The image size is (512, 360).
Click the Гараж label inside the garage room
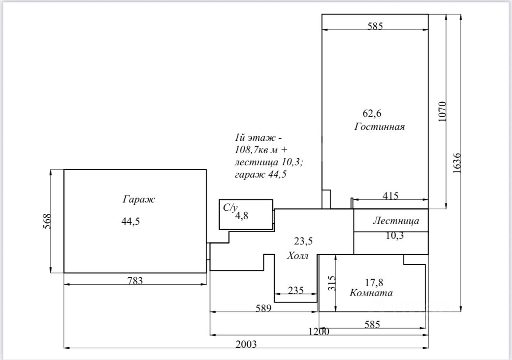(x=139, y=199)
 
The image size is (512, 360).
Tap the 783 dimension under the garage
(x=135, y=281)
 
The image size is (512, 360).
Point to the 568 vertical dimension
(x=48, y=221)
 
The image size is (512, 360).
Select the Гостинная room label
(x=379, y=127)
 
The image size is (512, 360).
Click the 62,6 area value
(x=372, y=113)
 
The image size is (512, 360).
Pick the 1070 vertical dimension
(x=442, y=112)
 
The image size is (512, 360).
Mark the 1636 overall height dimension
(x=457, y=163)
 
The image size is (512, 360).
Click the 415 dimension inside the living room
(x=390, y=196)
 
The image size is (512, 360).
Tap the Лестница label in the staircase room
(x=396, y=220)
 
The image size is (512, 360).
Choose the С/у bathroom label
(x=230, y=208)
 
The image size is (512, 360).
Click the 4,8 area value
(x=242, y=216)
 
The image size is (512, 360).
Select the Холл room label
(x=298, y=255)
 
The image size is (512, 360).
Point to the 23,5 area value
(x=303, y=241)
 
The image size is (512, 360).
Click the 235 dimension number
(x=296, y=290)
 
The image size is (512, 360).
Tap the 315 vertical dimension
(x=331, y=283)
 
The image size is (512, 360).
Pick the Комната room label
(x=371, y=293)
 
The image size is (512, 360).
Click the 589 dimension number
(x=263, y=308)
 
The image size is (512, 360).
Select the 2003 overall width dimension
(x=246, y=344)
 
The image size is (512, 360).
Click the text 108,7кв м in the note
(x=256, y=150)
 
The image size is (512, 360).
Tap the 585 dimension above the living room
(x=375, y=26)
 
